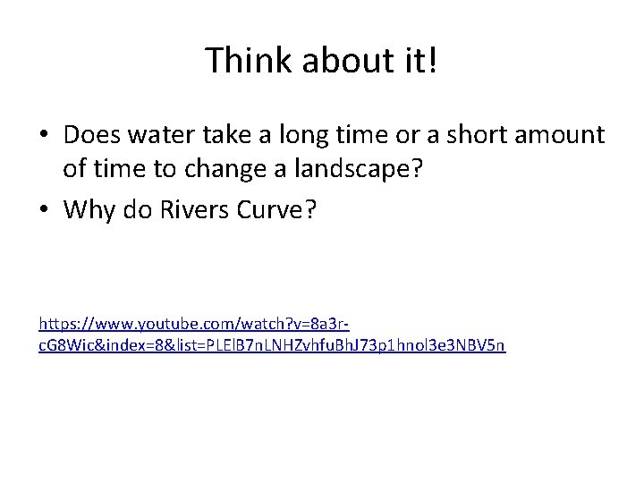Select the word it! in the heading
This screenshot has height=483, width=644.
418,61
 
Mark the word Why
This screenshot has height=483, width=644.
88,209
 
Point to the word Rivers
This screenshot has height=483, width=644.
191,209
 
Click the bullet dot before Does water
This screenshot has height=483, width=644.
44,136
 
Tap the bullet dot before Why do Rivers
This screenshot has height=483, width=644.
44,210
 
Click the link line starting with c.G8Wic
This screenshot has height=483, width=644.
272,345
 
